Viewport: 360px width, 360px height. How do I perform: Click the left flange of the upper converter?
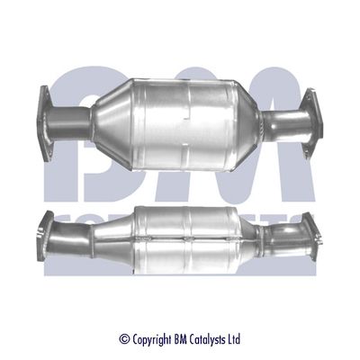[x=47, y=112]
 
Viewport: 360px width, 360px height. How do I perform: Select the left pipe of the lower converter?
[x=85, y=236]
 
